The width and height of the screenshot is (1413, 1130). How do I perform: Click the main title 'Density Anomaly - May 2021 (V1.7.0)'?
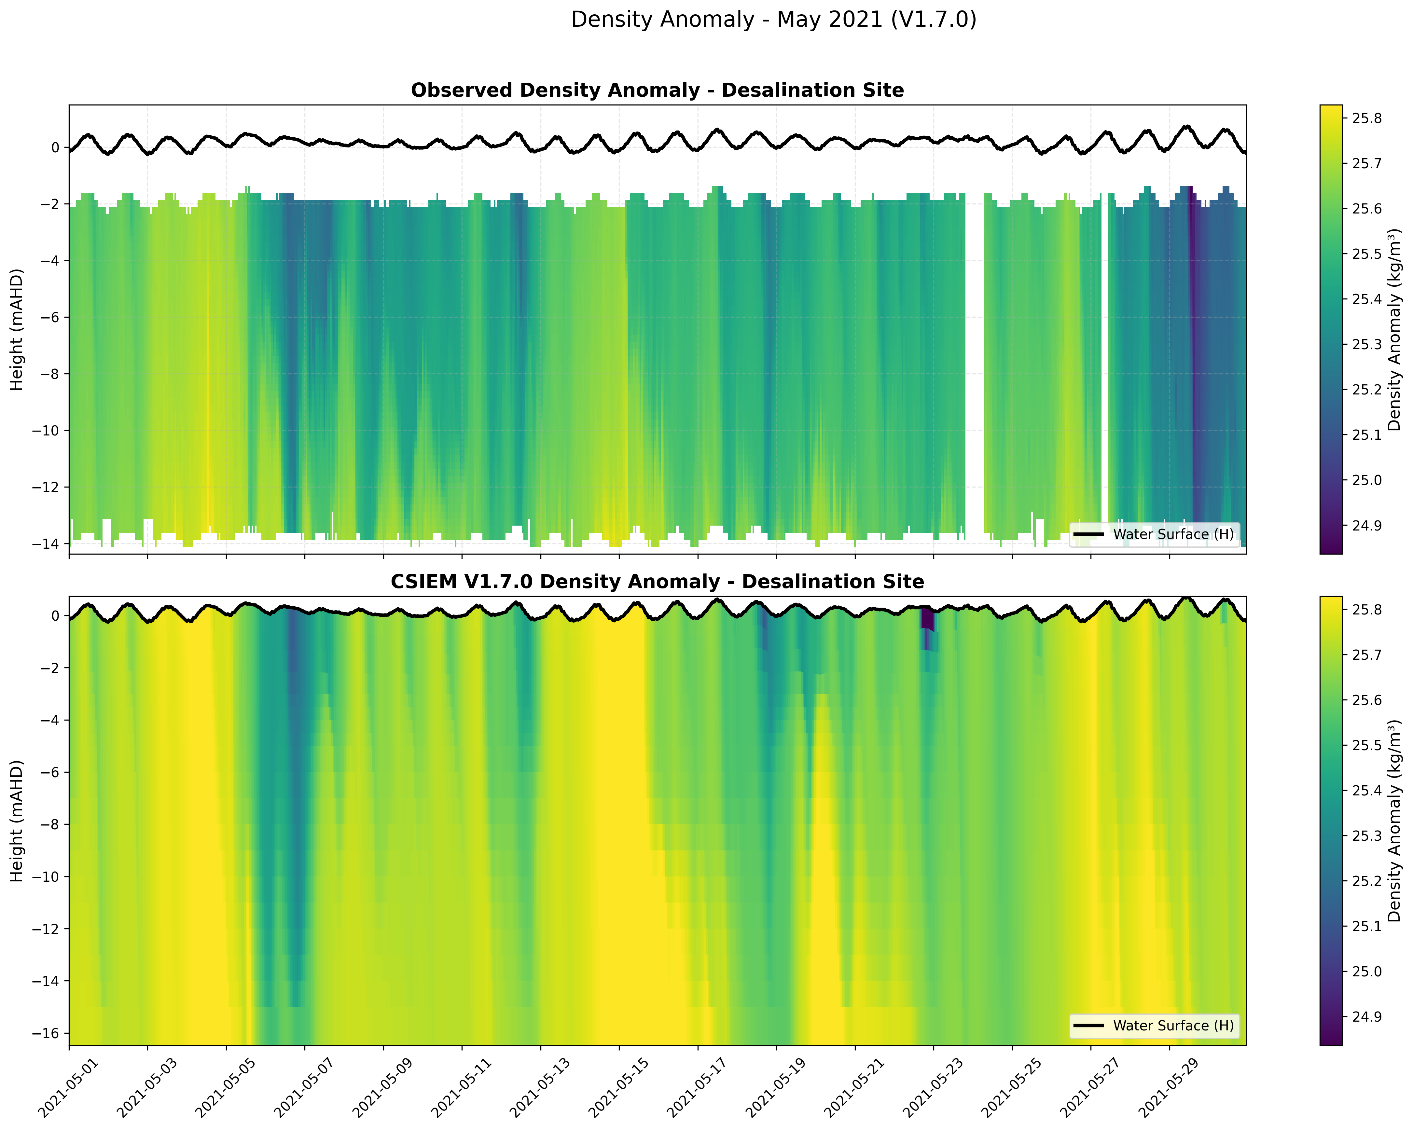[773, 20]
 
